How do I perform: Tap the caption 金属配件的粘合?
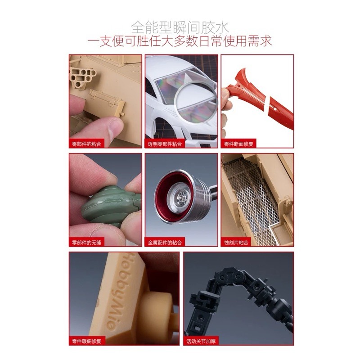pyautogui.click(x=166, y=243)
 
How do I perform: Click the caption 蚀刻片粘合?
pyautogui.click(x=237, y=243)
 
